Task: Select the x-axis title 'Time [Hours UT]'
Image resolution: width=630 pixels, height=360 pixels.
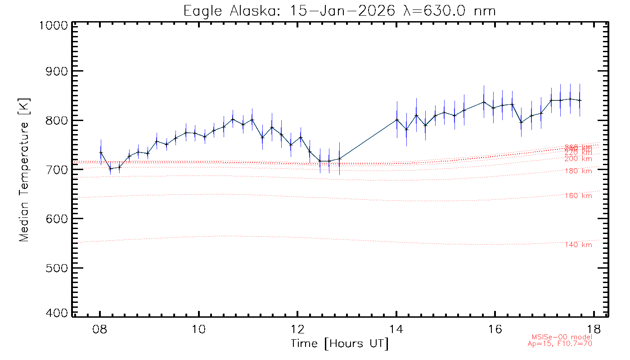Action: pos(340,344)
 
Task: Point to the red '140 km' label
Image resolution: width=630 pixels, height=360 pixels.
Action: pos(578,245)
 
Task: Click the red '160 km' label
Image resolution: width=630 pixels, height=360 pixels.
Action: pos(578,196)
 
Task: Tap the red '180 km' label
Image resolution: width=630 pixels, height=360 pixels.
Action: pos(578,171)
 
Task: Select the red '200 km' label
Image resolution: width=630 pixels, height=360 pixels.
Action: pos(578,159)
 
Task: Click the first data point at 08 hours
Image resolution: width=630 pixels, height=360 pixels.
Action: pos(101,153)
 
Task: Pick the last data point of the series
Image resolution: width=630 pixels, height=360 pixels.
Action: pos(580,100)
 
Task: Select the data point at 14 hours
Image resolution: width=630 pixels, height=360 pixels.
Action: pos(397,120)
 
